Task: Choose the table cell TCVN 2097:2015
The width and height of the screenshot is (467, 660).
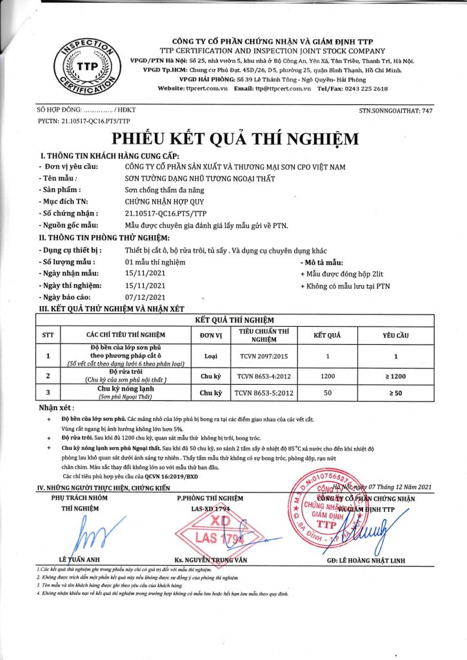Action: coord(255,355)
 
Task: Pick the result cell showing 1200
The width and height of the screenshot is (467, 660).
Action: coord(327,375)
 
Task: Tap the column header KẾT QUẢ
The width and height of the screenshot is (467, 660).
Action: coord(327,335)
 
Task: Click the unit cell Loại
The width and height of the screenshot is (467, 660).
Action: coord(210,355)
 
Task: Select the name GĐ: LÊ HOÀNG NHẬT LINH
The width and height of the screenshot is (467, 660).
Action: coord(366,560)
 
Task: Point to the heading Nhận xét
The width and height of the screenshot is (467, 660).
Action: coord(56,408)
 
